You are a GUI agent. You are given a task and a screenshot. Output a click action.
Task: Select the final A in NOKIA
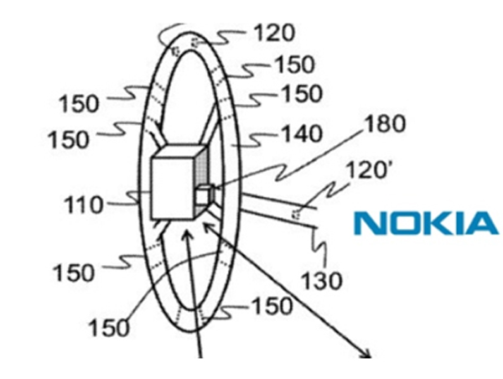(x=480, y=223)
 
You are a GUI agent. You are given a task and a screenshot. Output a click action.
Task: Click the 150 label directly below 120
(x=293, y=64)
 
